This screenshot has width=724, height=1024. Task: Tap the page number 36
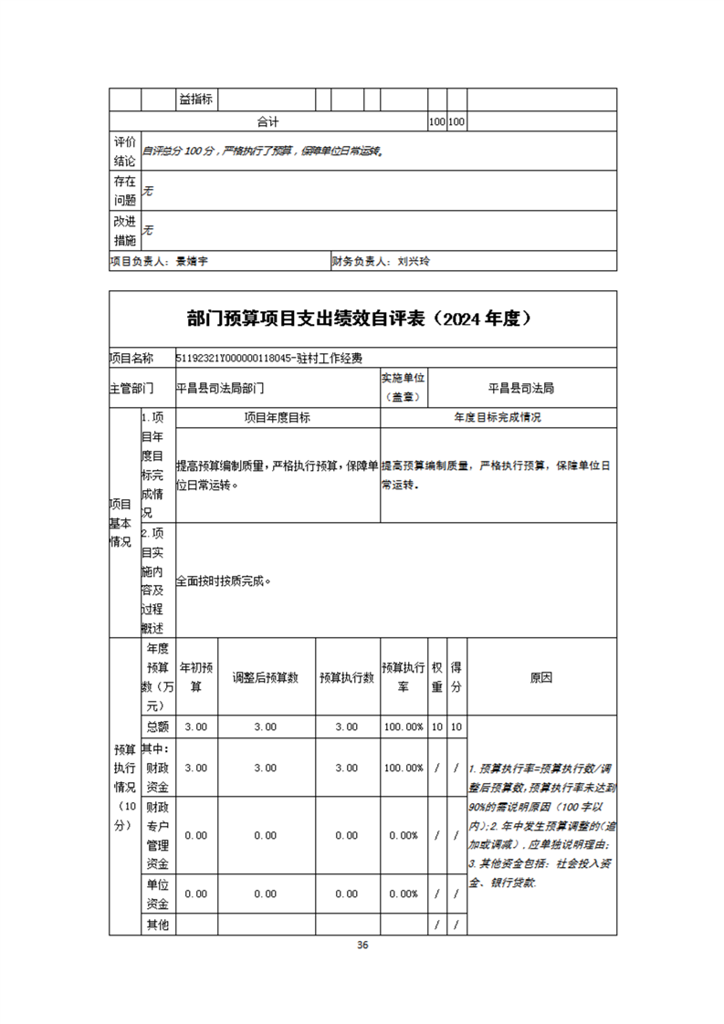tap(362, 945)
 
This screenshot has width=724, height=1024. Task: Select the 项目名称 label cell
tap(132, 358)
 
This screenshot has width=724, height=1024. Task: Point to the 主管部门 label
tap(132, 388)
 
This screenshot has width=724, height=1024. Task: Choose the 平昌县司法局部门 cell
tap(221, 388)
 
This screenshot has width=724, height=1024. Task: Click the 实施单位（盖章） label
tap(404, 387)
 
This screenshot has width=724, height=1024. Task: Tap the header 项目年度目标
tap(277, 418)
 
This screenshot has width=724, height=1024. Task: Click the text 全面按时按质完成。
tap(225, 580)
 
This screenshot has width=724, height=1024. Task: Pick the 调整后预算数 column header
tap(266, 677)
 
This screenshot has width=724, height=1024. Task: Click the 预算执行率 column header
tap(403, 677)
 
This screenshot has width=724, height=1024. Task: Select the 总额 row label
tap(157, 726)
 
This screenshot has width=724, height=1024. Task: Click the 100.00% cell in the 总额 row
tap(403, 726)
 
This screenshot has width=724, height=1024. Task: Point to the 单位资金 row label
tap(157, 893)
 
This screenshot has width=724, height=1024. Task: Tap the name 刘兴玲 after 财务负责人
tap(413, 261)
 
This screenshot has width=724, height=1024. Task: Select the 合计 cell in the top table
tap(268, 121)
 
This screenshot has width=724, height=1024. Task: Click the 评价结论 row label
tap(124, 152)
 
